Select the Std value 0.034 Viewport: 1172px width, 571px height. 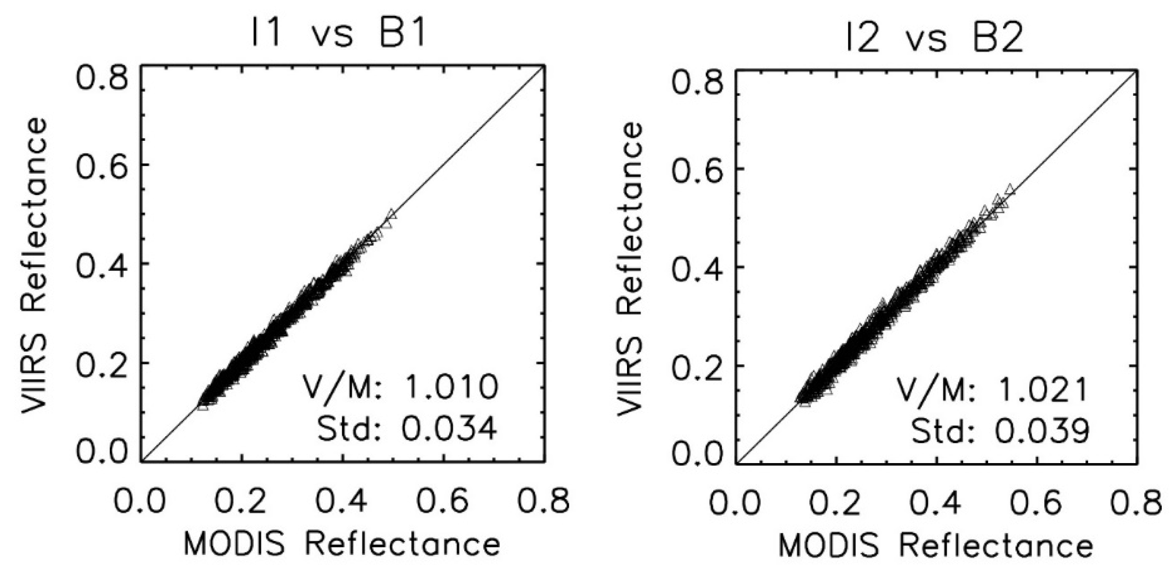click(x=448, y=429)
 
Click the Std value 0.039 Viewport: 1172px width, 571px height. click(x=1042, y=432)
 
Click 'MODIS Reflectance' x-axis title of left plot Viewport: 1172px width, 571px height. click(x=342, y=545)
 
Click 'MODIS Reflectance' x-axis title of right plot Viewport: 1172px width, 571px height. click(x=936, y=546)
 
